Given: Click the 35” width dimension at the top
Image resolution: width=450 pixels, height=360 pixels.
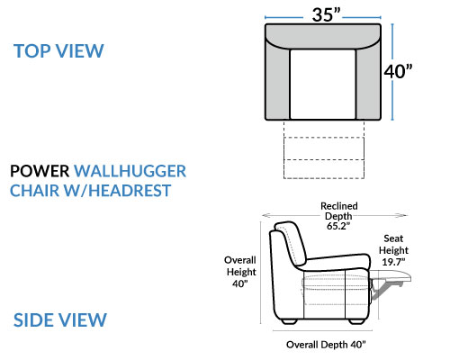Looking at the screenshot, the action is tap(327, 14).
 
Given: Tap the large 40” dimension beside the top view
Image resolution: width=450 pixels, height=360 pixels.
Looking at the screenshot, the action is tap(398, 71).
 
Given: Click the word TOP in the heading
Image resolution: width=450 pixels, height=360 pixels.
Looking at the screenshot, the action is tap(32, 51).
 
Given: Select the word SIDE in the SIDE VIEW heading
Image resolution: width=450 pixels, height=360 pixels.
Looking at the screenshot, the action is tap(32, 319).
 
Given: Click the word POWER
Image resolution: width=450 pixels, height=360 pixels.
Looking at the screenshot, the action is tap(40, 171).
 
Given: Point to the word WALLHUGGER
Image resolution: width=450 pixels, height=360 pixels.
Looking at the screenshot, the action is tap(130, 171).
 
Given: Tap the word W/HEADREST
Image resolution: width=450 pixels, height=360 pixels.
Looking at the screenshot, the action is tap(117, 191).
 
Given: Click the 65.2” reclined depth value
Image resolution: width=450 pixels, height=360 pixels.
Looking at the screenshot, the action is tap(338, 226).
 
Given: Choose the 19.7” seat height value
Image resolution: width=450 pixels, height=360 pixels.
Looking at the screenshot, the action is tap(393, 262).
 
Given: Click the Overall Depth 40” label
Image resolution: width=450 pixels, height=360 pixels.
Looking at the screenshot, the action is tap(326, 345).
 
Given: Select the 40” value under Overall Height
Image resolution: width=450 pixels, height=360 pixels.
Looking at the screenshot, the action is tap(240, 283).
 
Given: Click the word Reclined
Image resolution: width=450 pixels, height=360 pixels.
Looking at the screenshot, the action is tap(339, 206).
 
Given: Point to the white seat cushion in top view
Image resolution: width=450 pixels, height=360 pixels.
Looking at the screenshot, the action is tap(323, 85).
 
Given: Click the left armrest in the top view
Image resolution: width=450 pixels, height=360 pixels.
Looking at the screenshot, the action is tap(277, 81).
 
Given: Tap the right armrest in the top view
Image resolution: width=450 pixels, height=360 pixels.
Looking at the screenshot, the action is tap(368, 81).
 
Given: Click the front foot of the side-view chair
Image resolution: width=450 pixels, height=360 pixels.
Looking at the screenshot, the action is tap(356, 321).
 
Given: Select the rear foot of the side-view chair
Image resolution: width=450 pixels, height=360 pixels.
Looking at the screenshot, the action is tap(290, 321).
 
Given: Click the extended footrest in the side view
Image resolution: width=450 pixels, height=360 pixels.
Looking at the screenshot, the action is tap(391, 276).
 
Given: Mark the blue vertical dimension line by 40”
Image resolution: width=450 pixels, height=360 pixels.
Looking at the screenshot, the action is tap(392, 72).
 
